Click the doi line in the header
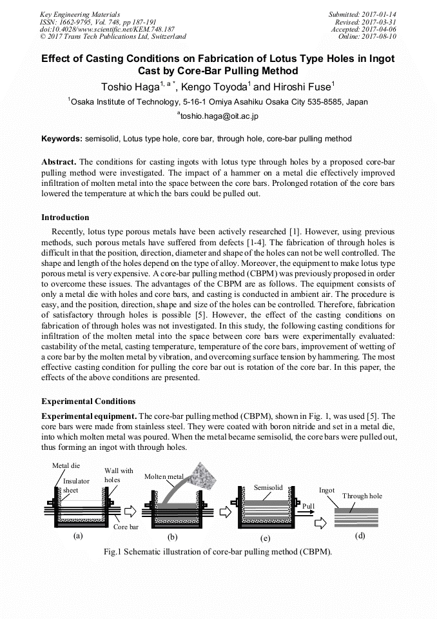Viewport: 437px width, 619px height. (x=107, y=29)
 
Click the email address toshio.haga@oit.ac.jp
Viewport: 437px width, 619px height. (x=218, y=116)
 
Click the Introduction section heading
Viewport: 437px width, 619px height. (x=65, y=217)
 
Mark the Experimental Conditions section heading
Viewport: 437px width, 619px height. (x=88, y=401)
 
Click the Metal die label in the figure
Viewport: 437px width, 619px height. (x=66, y=465)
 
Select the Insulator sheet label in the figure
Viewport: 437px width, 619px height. (x=76, y=485)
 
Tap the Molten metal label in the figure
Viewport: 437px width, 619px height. (x=164, y=476)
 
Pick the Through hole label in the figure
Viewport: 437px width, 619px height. (x=362, y=496)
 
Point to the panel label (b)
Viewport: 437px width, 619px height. (x=172, y=536)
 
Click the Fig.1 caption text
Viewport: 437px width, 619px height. (x=218, y=552)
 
